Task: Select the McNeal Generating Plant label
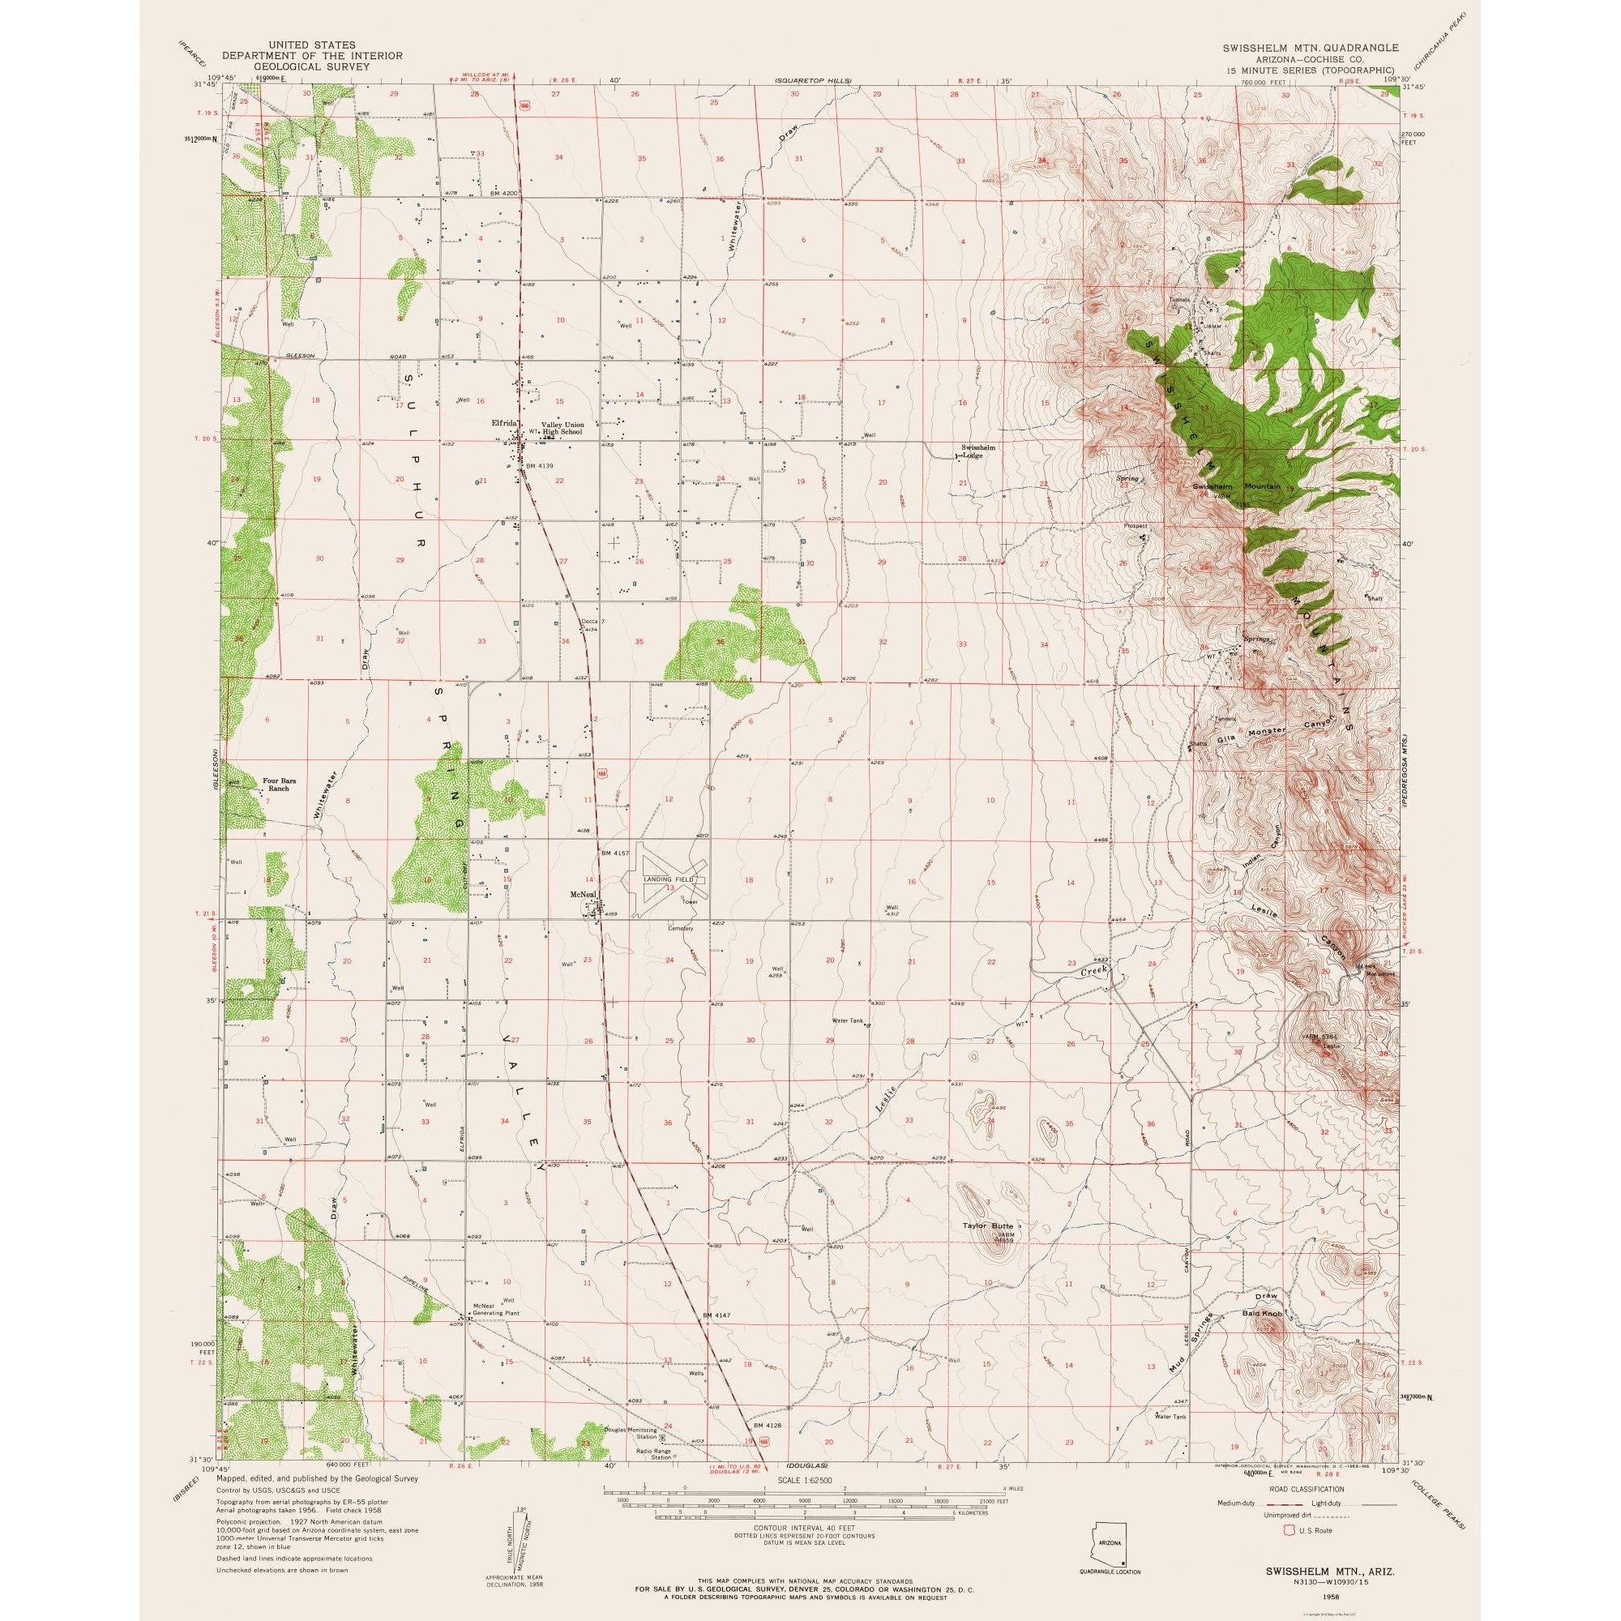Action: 493,1312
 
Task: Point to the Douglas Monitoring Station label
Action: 631,1454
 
